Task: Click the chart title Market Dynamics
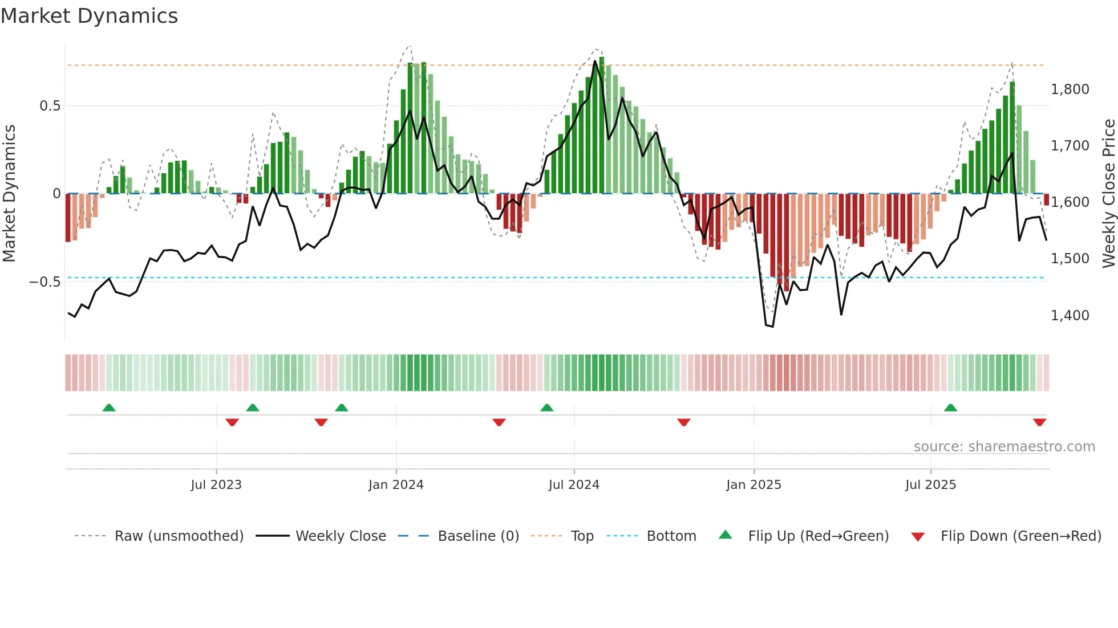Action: coord(89,16)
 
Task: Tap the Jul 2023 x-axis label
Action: coord(216,485)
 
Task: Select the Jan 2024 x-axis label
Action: coord(396,485)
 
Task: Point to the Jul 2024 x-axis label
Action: coord(574,485)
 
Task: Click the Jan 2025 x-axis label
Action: coord(754,485)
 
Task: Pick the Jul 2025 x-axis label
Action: coord(930,485)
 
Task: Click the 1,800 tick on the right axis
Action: coord(1070,89)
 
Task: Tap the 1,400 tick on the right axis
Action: coord(1070,316)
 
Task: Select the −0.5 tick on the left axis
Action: coord(44,282)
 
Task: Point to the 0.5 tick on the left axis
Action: coord(50,106)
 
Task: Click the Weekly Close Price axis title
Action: coord(1108,194)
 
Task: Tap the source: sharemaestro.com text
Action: coord(1004,447)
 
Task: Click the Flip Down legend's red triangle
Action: coord(918,537)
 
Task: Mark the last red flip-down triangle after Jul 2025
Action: coord(1039,422)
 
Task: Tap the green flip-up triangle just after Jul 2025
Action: coord(950,407)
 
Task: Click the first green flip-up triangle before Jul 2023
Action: coord(109,407)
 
